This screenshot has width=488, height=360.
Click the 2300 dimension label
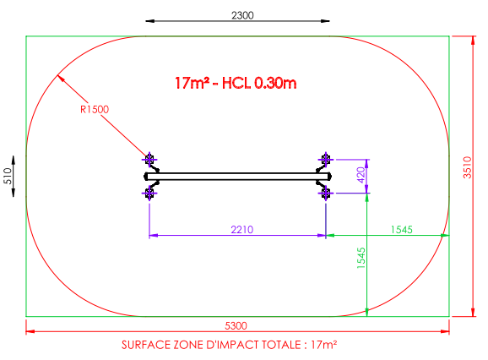pyautogui.click(x=242, y=15)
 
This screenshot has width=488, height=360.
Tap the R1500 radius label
pyautogui.click(x=95, y=109)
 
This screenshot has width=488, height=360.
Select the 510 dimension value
pyautogui.click(x=8, y=176)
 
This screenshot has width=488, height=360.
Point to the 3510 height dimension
pyautogui.click(x=467, y=167)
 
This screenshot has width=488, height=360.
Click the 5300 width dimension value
pyautogui.click(x=236, y=325)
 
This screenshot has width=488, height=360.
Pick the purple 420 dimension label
pyautogui.click(x=361, y=175)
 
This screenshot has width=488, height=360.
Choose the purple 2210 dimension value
pyautogui.click(x=242, y=230)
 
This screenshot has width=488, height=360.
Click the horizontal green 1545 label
pyautogui.click(x=402, y=230)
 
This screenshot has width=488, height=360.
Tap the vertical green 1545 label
pyautogui.click(x=361, y=258)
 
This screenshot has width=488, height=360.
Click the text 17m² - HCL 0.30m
pyautogui.click(x=236, y=83)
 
